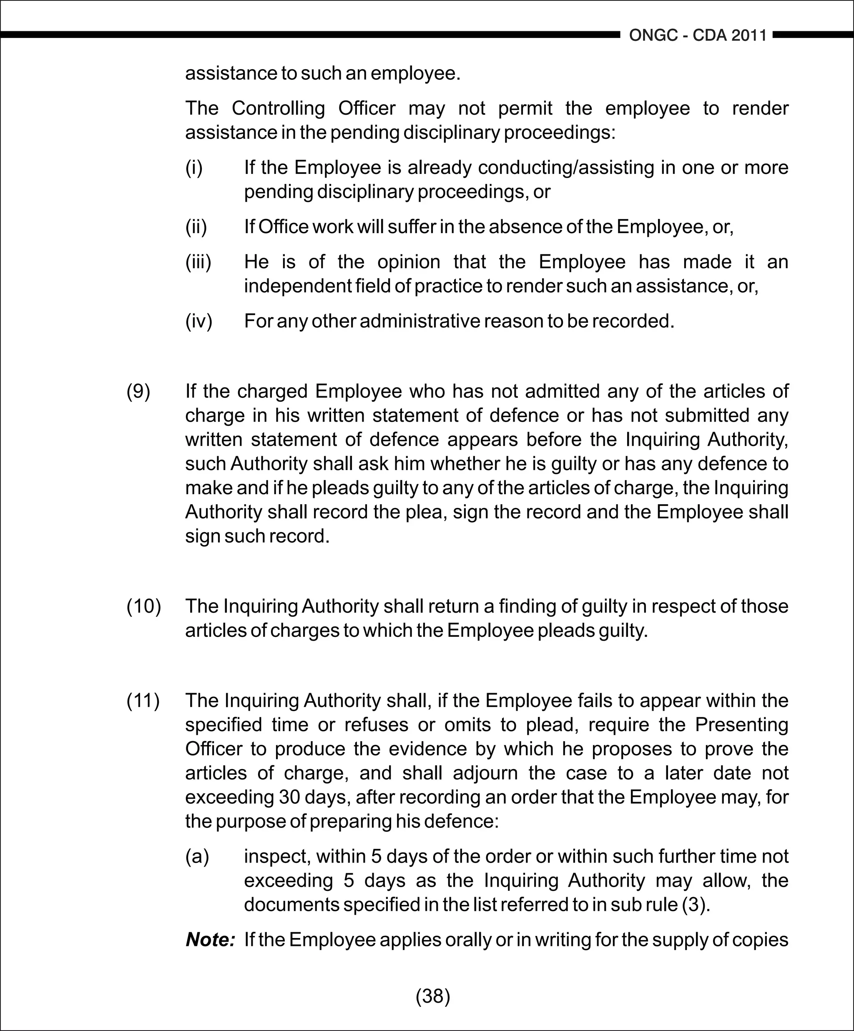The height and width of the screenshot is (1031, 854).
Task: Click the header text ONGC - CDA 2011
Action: click(698, 35)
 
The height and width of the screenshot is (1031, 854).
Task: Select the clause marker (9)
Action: click(138, 391)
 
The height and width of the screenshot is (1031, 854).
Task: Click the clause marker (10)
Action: click(144, 606)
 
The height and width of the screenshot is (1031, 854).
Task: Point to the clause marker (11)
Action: click(143, 701)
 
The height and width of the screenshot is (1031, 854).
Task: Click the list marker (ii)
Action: click(196, 227)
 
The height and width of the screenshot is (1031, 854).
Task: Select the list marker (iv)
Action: click(199, 321)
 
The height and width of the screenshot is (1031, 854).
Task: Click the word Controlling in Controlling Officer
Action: click(278, 108)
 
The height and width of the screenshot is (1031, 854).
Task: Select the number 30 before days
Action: click(289, 797)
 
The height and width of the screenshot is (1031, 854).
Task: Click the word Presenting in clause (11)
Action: click(741, 724)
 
